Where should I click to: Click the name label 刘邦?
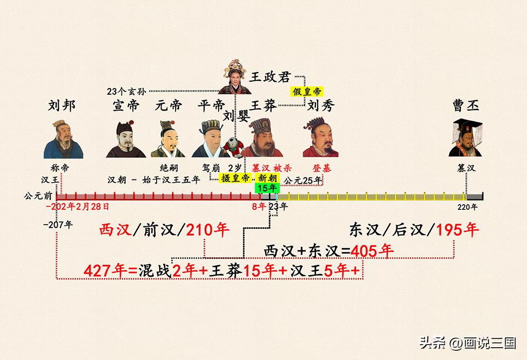pos(62,105)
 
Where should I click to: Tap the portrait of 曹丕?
pos(466,138)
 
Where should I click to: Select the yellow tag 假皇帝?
pos(307,92)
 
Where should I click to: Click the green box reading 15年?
pos(267,188)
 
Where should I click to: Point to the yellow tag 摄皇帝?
pos(235,178)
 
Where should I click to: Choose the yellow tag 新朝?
pos(267,178)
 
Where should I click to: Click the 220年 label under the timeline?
pos(467,207)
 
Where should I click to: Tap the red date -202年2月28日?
pos(78,207)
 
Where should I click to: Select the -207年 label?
pos(58,224)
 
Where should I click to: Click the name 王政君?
pos(270,77)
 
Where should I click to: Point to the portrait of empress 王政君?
pos(235,77)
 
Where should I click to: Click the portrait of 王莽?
pos(262,138)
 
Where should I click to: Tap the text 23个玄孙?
pos(127,92)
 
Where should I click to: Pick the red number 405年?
pos(372,250)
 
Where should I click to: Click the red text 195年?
pos(458,230)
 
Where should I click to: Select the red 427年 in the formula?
pos(106,271)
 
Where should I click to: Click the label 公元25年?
pos(303,181)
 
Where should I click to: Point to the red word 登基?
pos(322,168)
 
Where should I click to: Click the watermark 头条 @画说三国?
pos(467,343)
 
